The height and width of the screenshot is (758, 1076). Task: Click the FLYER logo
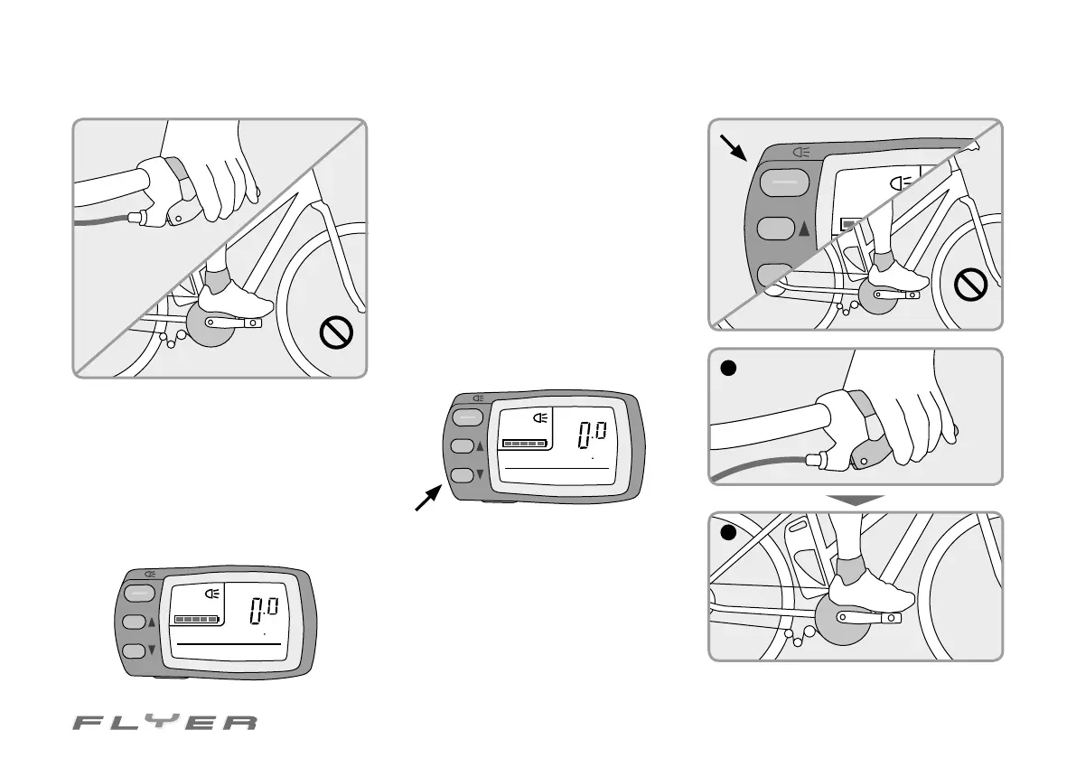click(x=165, y=723)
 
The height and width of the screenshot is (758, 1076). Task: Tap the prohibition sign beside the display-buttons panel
click(x=973, y=288)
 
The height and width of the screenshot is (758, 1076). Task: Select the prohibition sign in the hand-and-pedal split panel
click(x=336, y=333)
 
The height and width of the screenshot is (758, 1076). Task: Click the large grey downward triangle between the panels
click(x=855, y=499)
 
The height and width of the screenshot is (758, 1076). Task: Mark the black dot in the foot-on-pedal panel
click(x=729, y=533)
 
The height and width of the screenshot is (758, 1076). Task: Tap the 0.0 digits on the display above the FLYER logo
click(x=267, y=611)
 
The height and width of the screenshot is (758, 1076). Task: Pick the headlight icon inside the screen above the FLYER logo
click(x=213, y=594)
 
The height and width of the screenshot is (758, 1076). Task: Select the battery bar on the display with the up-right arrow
click(x=525, y=444)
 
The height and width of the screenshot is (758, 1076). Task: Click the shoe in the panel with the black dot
click(x=871, y=592)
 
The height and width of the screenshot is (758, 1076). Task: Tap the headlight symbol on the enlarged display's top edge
click(x=800, y=153)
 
